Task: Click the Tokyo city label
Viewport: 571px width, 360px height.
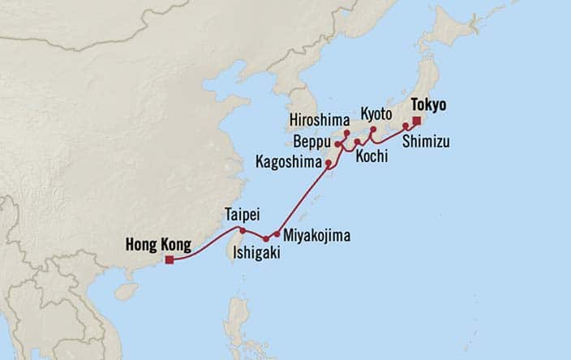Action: coord(430,105)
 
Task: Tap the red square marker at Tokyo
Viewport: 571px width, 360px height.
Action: coord(416,121)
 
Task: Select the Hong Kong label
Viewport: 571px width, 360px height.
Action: coord(157,243)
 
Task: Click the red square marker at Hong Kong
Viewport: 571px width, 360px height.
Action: coord(170,260)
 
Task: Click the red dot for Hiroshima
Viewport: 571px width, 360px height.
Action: coord(346,133)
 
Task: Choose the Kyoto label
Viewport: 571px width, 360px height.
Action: coord(377,113)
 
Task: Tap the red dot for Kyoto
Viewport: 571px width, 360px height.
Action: coord(373,129)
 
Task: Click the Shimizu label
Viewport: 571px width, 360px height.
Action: coord(426,142)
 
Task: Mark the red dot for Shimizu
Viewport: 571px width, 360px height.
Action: coord(406,126)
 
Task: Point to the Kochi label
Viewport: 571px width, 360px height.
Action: coord(371,156)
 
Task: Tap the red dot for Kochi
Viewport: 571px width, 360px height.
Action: coord(358,142)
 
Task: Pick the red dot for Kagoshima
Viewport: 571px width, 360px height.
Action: coord(328,164)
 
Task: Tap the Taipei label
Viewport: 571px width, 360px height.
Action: coord(242,216)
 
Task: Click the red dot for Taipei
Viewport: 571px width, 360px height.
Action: coord(243,230)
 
